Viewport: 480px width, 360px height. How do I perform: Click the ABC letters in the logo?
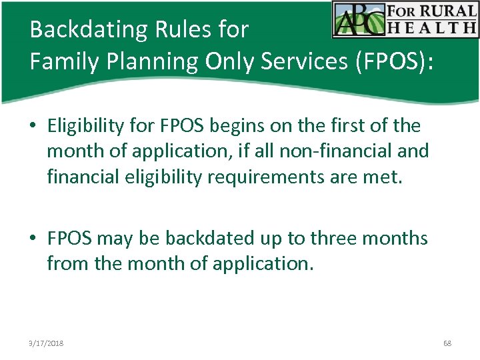359,19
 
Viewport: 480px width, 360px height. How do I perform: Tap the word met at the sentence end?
385,177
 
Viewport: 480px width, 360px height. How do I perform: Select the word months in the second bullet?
399,238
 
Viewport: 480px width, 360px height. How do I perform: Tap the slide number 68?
447,343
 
